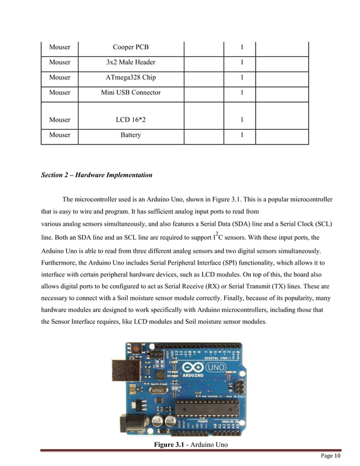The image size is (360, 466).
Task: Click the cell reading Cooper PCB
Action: (x=131, y=47)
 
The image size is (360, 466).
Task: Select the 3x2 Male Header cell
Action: (x=131, y=62)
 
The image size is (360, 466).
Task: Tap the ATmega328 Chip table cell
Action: (x=131, y=77)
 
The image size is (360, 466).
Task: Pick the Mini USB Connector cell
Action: (x=131, y=92)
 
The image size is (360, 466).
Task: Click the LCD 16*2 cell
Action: (x=131, y=120)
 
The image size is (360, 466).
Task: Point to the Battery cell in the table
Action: (x=131, y=135)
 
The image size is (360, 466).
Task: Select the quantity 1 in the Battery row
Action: (x=242, y=135)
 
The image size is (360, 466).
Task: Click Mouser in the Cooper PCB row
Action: (x=60, y=47)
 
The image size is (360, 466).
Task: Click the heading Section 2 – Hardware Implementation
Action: (x=96, y=175)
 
